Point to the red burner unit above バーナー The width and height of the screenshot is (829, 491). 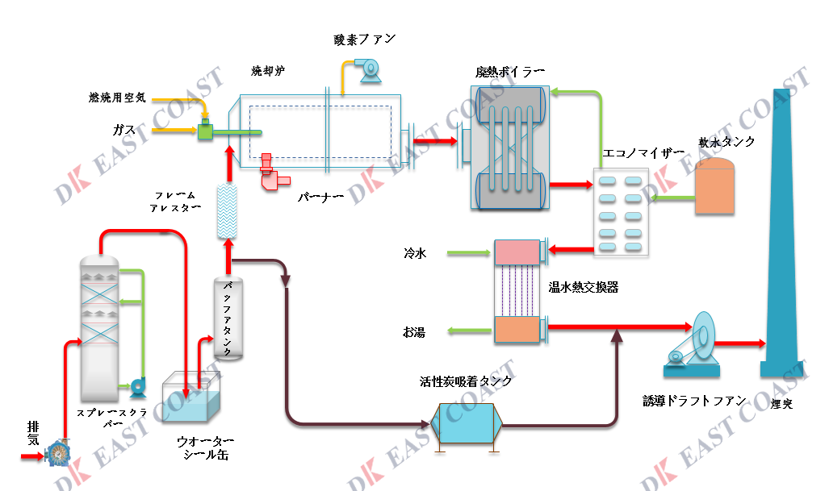[271, 176]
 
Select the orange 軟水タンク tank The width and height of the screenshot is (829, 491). [715, 185]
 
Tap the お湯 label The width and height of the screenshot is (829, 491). [414, 331]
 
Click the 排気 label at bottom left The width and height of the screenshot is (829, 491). [33, 432]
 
